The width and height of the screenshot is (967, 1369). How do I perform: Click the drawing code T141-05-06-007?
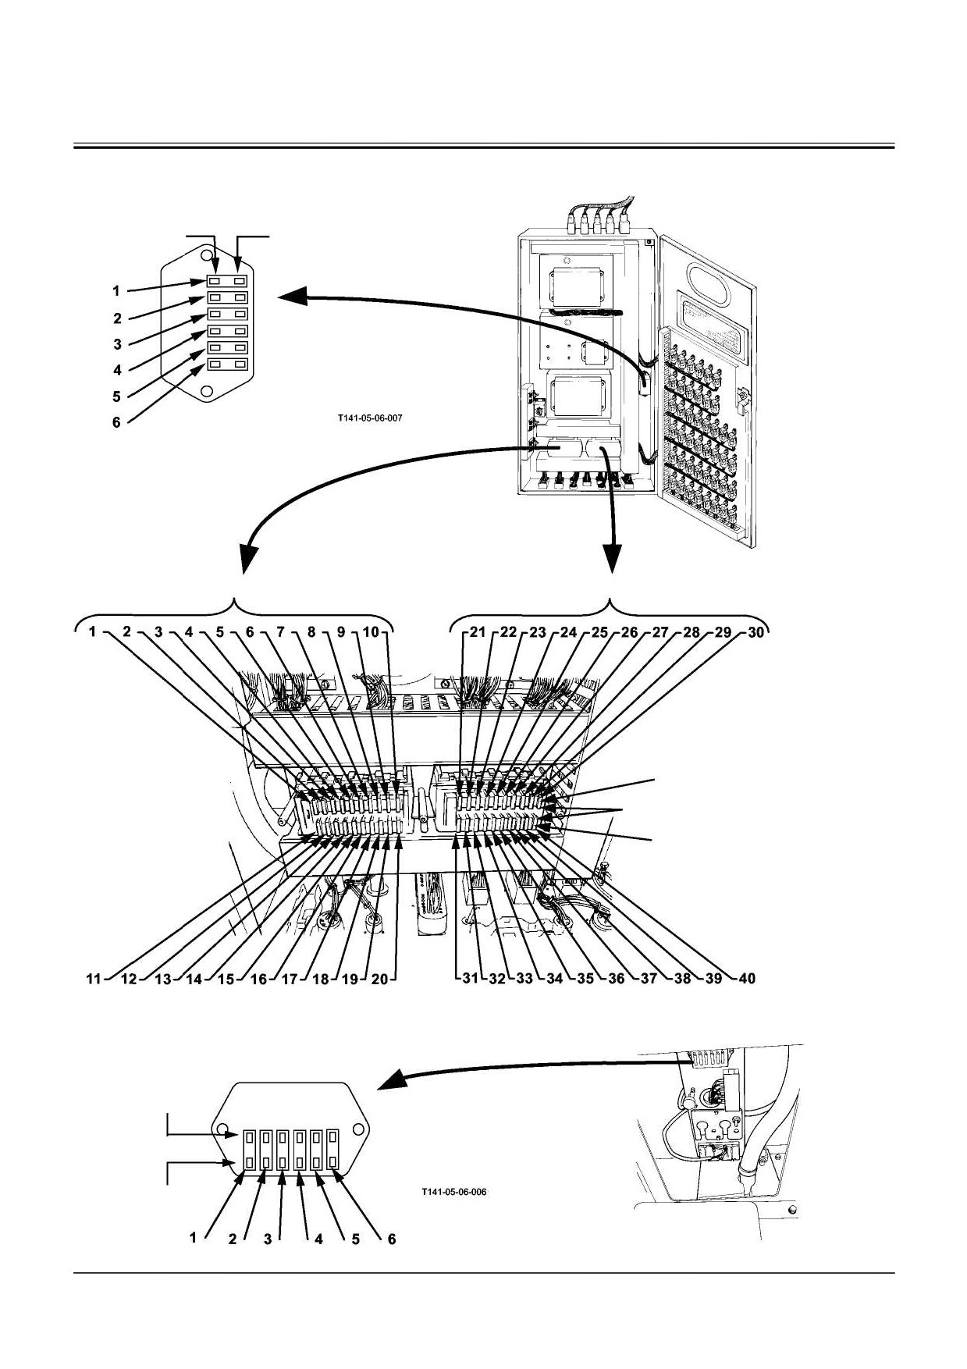point(370,418)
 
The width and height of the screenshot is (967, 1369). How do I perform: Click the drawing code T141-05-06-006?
point(453,1192)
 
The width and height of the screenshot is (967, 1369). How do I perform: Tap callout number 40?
point(747,978)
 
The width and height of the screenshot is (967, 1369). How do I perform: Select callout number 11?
point(94,979)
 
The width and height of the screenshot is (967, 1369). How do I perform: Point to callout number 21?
point(478,632)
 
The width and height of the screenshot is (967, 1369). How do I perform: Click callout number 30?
point(755,632)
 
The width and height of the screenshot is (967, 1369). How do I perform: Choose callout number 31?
point(469,978)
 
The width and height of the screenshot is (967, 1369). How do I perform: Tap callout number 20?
point(379,979)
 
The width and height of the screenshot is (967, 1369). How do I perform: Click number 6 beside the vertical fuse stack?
point(116,422)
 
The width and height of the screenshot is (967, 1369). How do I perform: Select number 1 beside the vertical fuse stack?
point(116,291)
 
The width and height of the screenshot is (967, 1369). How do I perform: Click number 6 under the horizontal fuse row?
point(392,1239)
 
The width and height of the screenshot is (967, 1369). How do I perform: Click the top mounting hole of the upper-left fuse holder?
point(207,255)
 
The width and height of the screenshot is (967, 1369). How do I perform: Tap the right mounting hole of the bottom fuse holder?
point(359,1129)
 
